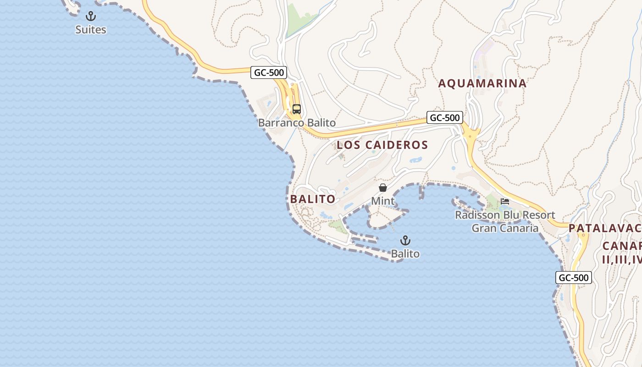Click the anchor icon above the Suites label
(91, 17)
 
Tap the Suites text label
(91, 30)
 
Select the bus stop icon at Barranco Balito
(297, 109)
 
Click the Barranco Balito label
(297, 123)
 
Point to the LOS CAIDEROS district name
(382, 145)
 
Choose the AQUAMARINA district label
(482, 83)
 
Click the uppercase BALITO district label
(313, 199)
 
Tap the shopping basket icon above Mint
(383, 188)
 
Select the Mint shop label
(383, 201)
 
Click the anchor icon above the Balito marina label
(405, 240)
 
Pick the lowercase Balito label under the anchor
(405, 253)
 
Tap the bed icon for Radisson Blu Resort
(505, 201)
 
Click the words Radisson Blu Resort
(505, 215)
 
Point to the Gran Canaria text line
(505, 228)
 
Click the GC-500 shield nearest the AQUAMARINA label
(444, 117)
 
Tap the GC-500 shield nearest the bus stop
(269, 72)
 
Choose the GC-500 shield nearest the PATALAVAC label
(574, 278)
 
